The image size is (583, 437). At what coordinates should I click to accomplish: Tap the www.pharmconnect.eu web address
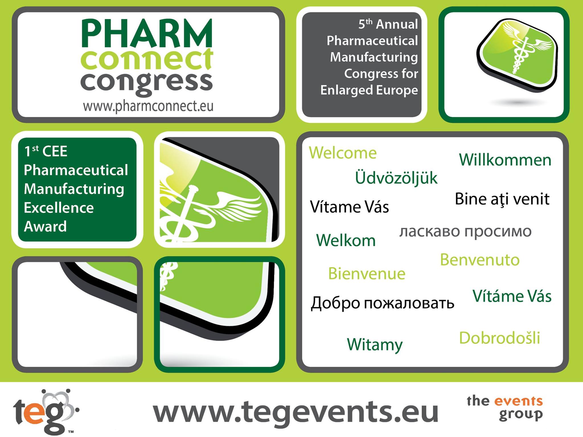click(148, 107)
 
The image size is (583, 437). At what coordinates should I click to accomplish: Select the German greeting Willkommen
click(505, 160)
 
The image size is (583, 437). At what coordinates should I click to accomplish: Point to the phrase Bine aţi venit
click(502, 199)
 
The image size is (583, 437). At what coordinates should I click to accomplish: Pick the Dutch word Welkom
click(346, 240)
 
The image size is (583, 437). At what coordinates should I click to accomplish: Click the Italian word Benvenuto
click(480, 260)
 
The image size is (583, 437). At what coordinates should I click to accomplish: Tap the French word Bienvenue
click(367, 274)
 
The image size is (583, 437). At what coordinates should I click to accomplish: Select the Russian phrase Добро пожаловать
click(382, 303)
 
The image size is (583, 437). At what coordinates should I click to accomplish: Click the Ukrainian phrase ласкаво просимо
click(465, 231)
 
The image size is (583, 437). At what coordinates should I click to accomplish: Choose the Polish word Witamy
click(375, 344)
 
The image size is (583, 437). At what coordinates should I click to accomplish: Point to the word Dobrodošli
click(500, 338)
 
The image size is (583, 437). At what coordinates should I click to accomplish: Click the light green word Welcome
click(343, 153)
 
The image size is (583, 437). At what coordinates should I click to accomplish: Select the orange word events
click(518, 401)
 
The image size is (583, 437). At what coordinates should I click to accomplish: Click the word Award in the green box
click(45, 226)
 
